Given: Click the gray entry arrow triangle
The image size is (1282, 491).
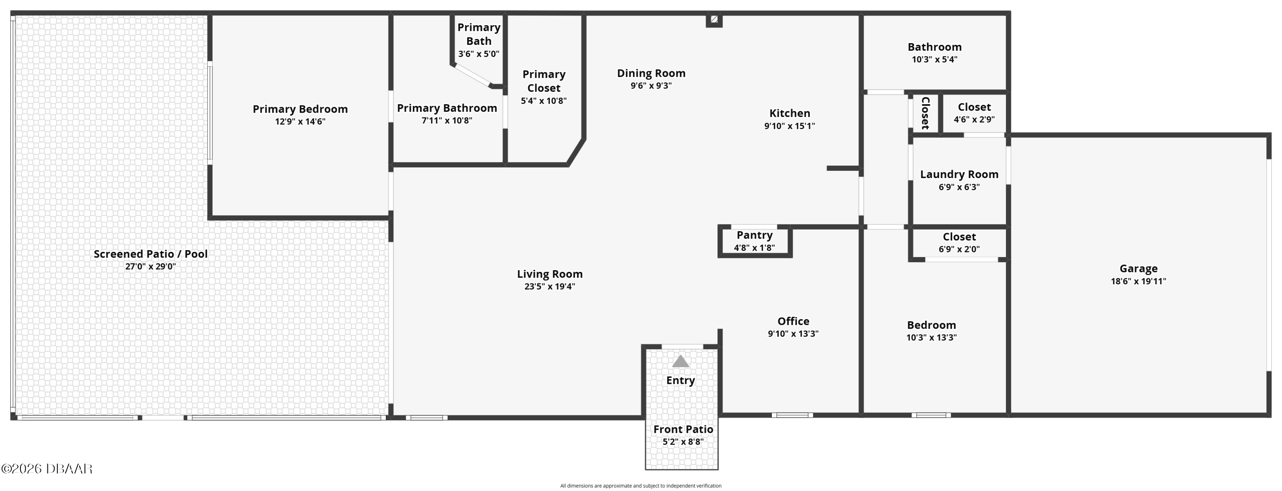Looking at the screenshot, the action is [x=680, y=361].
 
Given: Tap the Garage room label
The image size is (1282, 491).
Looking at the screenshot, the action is [x=1138, y=269].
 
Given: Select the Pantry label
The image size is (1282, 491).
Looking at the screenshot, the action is [x=755, y=235].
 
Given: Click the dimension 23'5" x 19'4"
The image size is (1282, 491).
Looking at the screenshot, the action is [x=550, y=286].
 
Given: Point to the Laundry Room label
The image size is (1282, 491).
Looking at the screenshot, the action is [x=959, y=175].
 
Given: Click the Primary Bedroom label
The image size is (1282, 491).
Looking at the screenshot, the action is [x=300, y=109].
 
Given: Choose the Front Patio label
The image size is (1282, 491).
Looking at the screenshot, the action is [x=683, y=430].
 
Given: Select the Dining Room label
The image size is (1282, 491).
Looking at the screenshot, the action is [x=651, y=73].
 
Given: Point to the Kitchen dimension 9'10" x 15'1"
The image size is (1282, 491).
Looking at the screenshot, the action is [x=789, y=126].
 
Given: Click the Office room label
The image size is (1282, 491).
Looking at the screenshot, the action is [x=793, y=321].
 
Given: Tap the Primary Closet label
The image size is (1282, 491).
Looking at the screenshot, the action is [x=544, y=81].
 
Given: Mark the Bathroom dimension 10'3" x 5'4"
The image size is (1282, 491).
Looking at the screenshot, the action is [x=934, y=59].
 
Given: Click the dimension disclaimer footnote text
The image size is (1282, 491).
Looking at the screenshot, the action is [x=641, y=485].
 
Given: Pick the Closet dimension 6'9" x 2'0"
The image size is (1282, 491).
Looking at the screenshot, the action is [x=959, y=249].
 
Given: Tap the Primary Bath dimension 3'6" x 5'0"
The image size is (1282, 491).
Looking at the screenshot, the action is [x=478, y=54].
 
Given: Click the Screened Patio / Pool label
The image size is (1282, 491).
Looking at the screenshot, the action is [x=150, y=254].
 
